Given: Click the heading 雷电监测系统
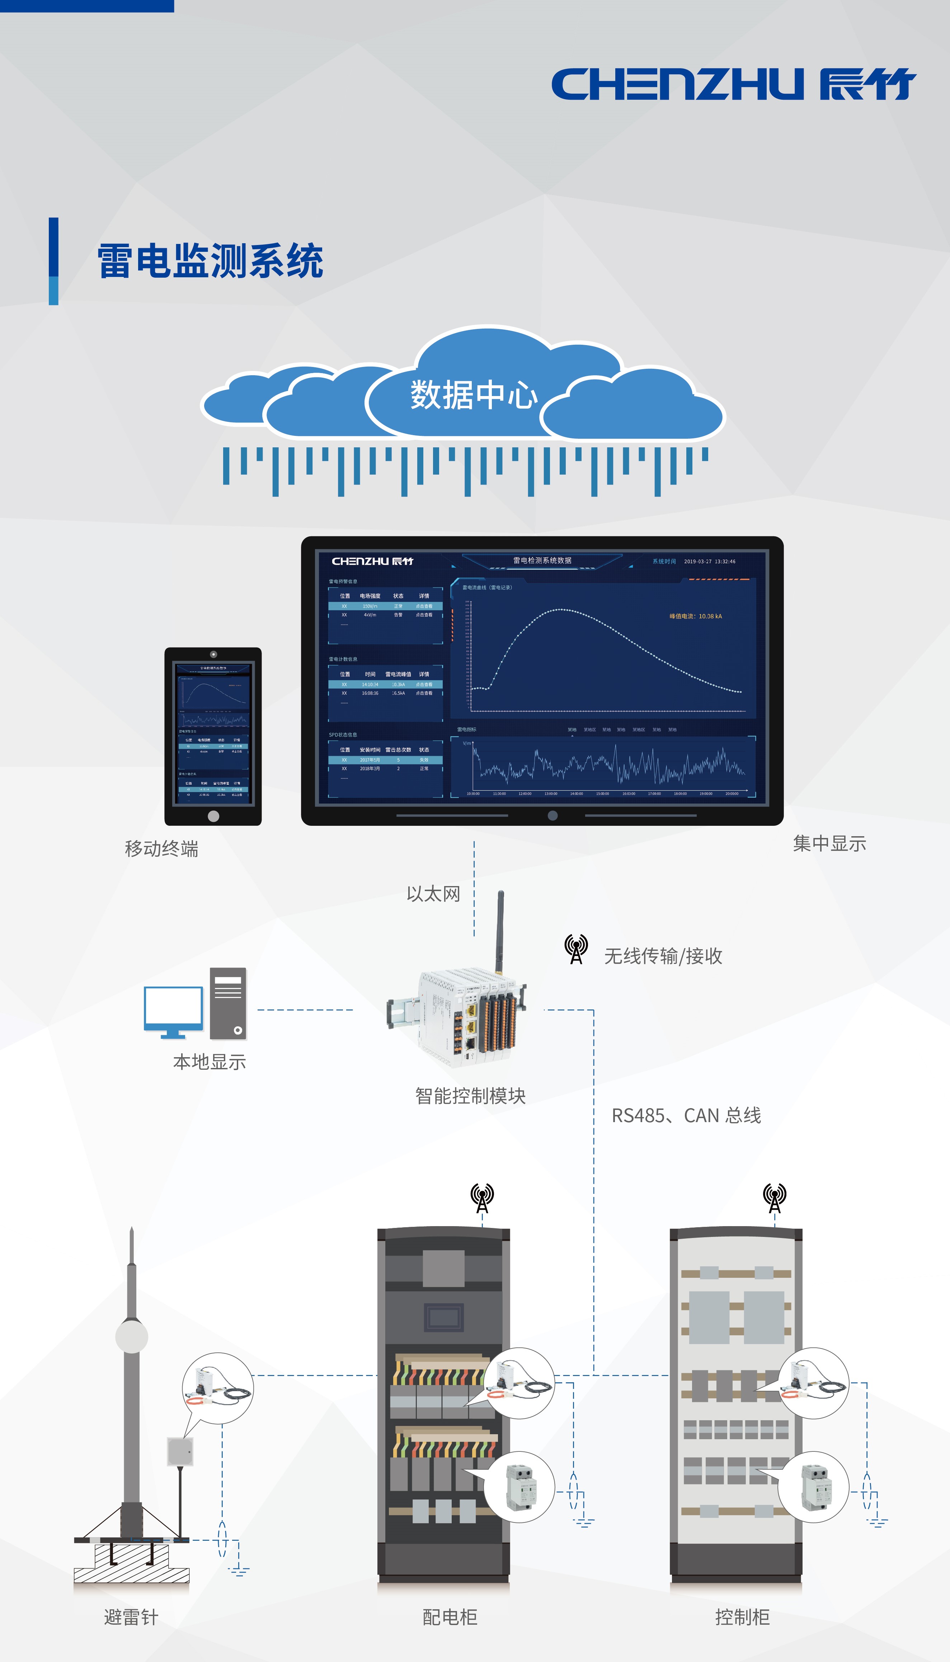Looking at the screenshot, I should (210, 261).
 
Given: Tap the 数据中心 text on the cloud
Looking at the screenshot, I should (474, 395).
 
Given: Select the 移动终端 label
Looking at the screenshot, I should (161, 849).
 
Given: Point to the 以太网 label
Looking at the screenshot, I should (433, 894).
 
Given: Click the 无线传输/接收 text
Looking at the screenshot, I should (663, 956).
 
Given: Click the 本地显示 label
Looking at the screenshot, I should (210, 1062).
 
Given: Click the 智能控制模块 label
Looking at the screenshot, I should (470, 1096).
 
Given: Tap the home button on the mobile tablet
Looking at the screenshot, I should (213, 816).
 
